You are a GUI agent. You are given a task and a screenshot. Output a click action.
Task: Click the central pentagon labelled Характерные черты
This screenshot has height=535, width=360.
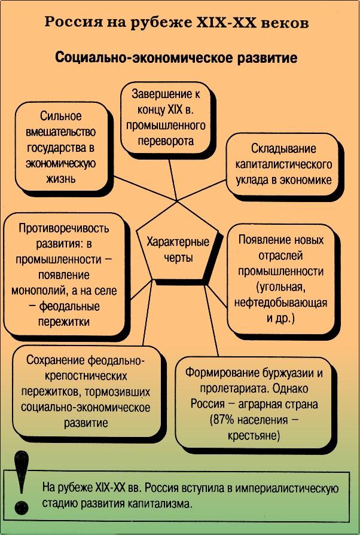pos(177,252)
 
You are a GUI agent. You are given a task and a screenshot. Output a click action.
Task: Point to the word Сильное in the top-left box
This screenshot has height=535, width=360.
pos(61,116)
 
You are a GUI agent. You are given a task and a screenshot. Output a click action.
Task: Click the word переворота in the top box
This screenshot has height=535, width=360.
pos(166,140)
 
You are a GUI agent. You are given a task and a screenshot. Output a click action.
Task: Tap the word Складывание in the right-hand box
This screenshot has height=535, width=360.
pos(283,149)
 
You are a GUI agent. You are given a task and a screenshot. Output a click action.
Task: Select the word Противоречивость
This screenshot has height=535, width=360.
pos(64,228)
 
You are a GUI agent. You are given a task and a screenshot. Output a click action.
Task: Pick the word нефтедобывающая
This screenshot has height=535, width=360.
pos(281,302)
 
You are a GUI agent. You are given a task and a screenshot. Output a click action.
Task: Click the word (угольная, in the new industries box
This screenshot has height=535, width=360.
pos(280,287)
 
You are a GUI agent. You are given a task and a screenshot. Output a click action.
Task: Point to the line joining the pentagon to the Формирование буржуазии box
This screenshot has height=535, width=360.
pos(211,318)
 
